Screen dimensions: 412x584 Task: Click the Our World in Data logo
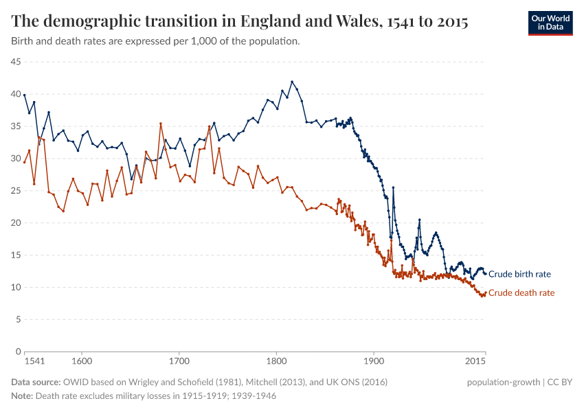(550, 23)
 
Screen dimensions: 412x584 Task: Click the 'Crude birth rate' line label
(519, 274)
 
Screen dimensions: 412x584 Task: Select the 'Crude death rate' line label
(521, 293)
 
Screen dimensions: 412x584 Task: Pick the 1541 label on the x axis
(34, 361)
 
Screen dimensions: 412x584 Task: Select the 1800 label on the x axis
(276, 361)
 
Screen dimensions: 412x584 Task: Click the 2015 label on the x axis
(475, 361)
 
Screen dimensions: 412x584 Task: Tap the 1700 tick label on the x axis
(179, 361)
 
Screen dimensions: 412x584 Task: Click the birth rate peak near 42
(292, 81)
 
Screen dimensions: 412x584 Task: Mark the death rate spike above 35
(160, 124)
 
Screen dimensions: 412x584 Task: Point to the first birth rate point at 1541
(24, 95)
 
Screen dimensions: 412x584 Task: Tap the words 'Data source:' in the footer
(36, 382)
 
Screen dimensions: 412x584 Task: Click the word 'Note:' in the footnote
(22, 396)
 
